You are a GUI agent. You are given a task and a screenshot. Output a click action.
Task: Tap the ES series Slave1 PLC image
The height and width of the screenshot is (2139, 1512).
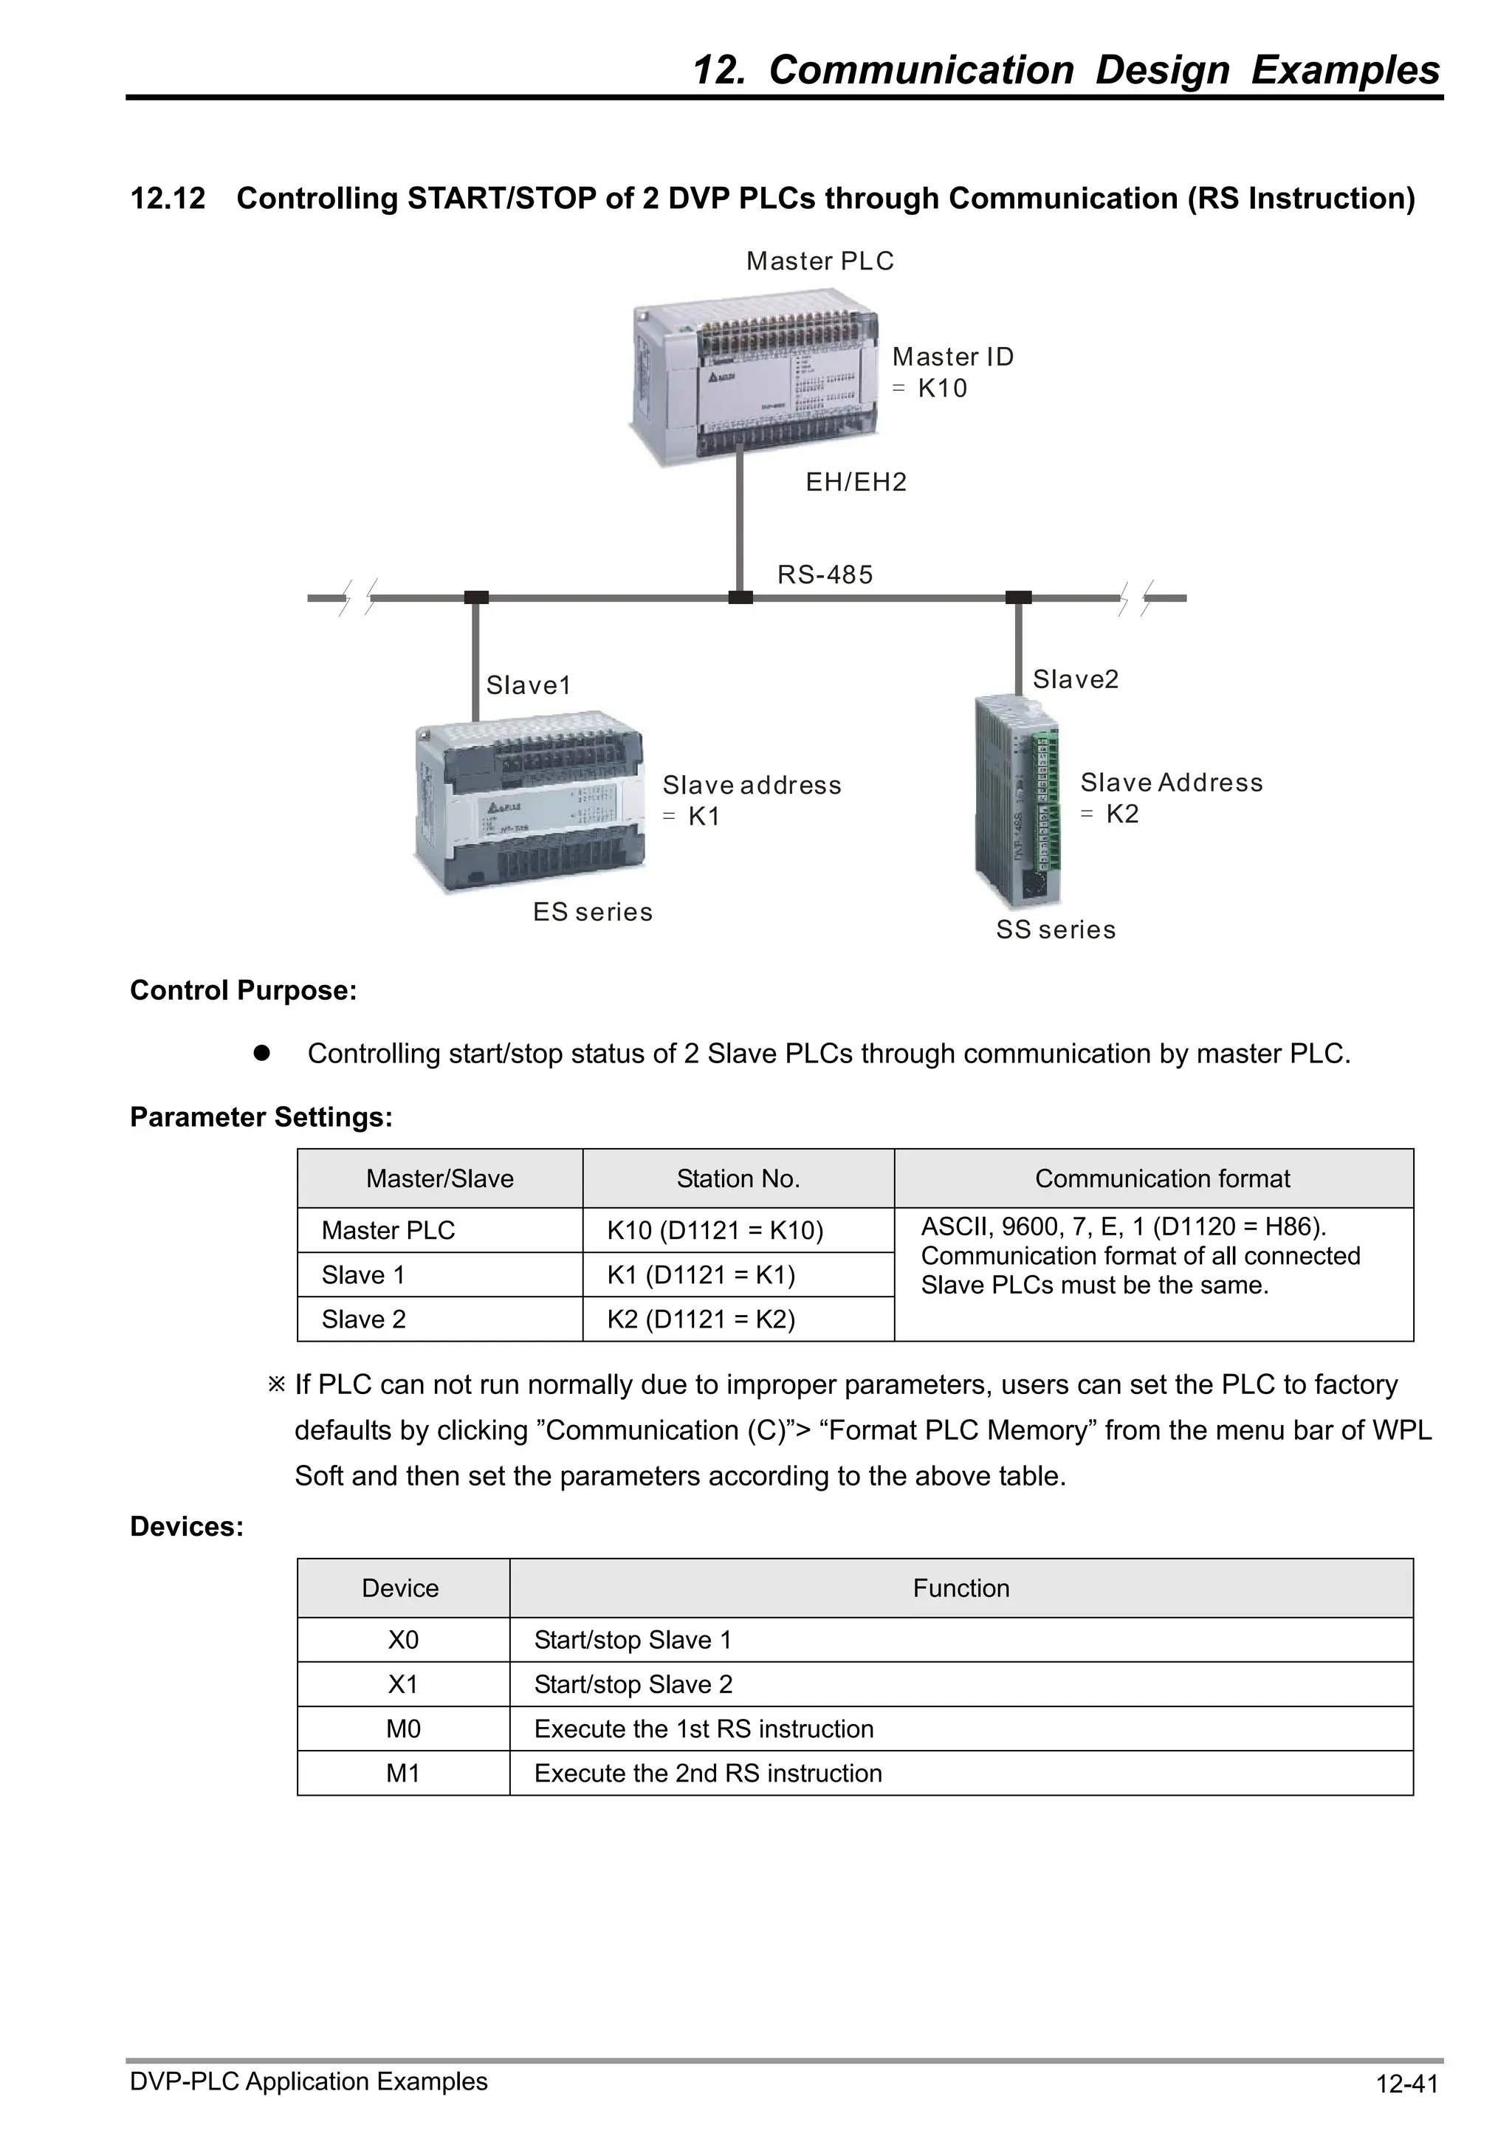[x=529, y=801]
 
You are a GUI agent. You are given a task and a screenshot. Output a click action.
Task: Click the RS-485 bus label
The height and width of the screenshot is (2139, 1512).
[x=825, y=575]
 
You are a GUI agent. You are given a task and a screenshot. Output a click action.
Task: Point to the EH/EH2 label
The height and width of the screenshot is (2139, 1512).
[x=855, y=483]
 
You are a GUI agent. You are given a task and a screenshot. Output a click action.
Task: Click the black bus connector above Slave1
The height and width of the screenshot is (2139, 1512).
[x=476, y=597]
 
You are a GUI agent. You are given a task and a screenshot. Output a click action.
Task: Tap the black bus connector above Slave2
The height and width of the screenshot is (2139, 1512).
[x=1018, y=597]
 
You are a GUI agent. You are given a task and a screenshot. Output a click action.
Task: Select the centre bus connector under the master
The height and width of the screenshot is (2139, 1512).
[x=740, y=597]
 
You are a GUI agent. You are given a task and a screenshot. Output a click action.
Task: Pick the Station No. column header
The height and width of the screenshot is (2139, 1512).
[x=738, y=1178]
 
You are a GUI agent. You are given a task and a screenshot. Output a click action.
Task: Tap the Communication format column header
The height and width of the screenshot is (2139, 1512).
[x=1162, y=1178]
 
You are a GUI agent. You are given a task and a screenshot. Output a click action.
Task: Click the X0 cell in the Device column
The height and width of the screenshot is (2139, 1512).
[x=402, y=1640]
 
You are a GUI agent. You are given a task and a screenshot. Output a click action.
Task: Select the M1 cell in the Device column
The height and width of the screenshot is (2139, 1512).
[x=402, y=1773]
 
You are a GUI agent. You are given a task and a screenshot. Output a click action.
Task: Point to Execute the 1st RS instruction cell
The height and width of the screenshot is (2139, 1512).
[x=704, y=1729]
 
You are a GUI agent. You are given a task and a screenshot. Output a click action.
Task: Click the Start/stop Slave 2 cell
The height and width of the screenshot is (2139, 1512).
[x=633, y=1684]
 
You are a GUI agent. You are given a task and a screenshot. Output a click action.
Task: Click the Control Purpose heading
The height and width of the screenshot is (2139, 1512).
[x=243, y=990]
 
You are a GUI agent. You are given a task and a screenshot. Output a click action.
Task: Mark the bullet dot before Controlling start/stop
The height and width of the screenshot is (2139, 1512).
[x=262, y=1053]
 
